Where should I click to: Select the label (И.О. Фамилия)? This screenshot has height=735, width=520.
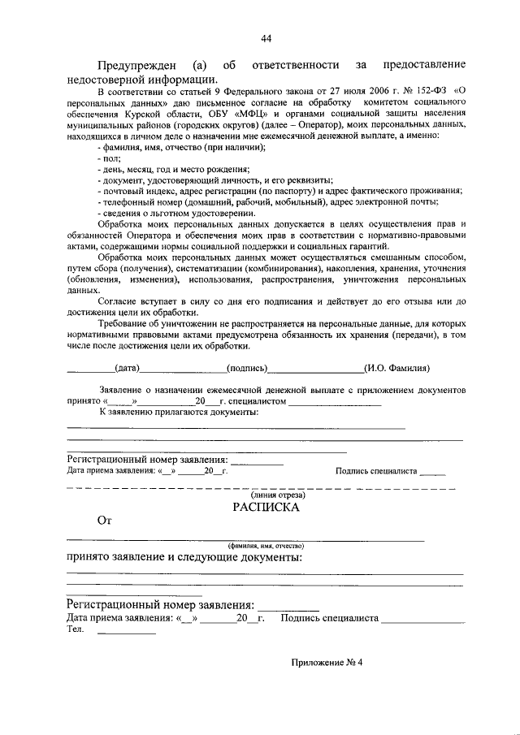click(396, 368)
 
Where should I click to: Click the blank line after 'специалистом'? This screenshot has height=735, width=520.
click(335, 401)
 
